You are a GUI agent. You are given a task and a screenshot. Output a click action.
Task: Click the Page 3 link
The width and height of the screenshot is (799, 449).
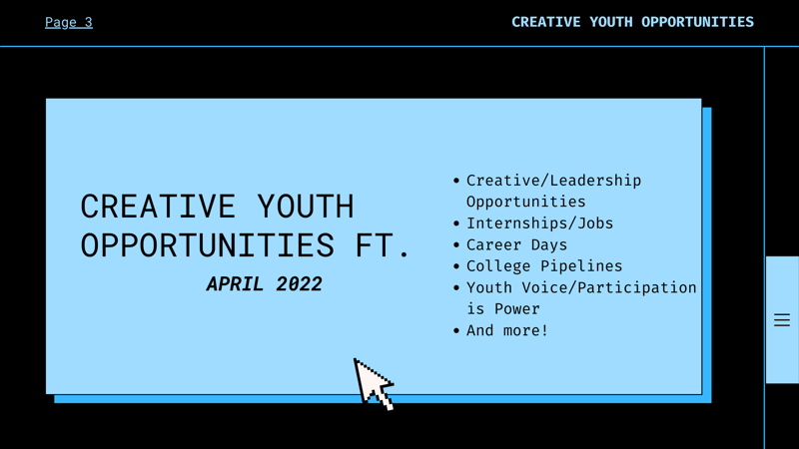[69, 22]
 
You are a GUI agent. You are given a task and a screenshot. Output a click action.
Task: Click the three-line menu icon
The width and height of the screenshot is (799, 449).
[781, 320]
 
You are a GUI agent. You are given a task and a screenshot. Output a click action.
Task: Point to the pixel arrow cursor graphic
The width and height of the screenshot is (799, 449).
[373, 383]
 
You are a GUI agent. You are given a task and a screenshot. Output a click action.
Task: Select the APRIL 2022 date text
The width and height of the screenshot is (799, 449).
[264, 284]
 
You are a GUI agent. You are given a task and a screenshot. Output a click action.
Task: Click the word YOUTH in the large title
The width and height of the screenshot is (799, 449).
[306, 207]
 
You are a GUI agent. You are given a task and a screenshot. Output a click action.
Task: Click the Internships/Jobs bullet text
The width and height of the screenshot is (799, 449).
[539, 224]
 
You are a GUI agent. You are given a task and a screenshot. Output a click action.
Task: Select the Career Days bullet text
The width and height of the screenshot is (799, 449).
[516, 244]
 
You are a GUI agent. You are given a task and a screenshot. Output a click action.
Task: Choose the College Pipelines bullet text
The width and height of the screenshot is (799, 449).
[544, 266]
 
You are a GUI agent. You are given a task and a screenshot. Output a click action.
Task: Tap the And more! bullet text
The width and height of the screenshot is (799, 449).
[507, 330]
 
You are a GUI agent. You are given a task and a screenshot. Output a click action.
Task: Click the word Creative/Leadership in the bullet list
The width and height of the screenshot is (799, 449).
[553, 181]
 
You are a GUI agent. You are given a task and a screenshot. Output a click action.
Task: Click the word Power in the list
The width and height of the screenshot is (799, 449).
[517, 309]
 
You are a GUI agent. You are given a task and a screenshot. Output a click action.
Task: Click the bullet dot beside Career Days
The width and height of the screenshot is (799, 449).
[456, 245]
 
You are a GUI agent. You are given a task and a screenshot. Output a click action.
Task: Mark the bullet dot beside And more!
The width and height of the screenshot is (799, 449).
[456, 331]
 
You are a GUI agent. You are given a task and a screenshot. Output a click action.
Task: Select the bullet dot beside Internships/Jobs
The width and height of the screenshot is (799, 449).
[456, 224]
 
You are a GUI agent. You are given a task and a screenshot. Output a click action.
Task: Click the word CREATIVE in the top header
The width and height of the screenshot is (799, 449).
[546, 22]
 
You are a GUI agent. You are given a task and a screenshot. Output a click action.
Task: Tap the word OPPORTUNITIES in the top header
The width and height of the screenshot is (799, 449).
[697, 22]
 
